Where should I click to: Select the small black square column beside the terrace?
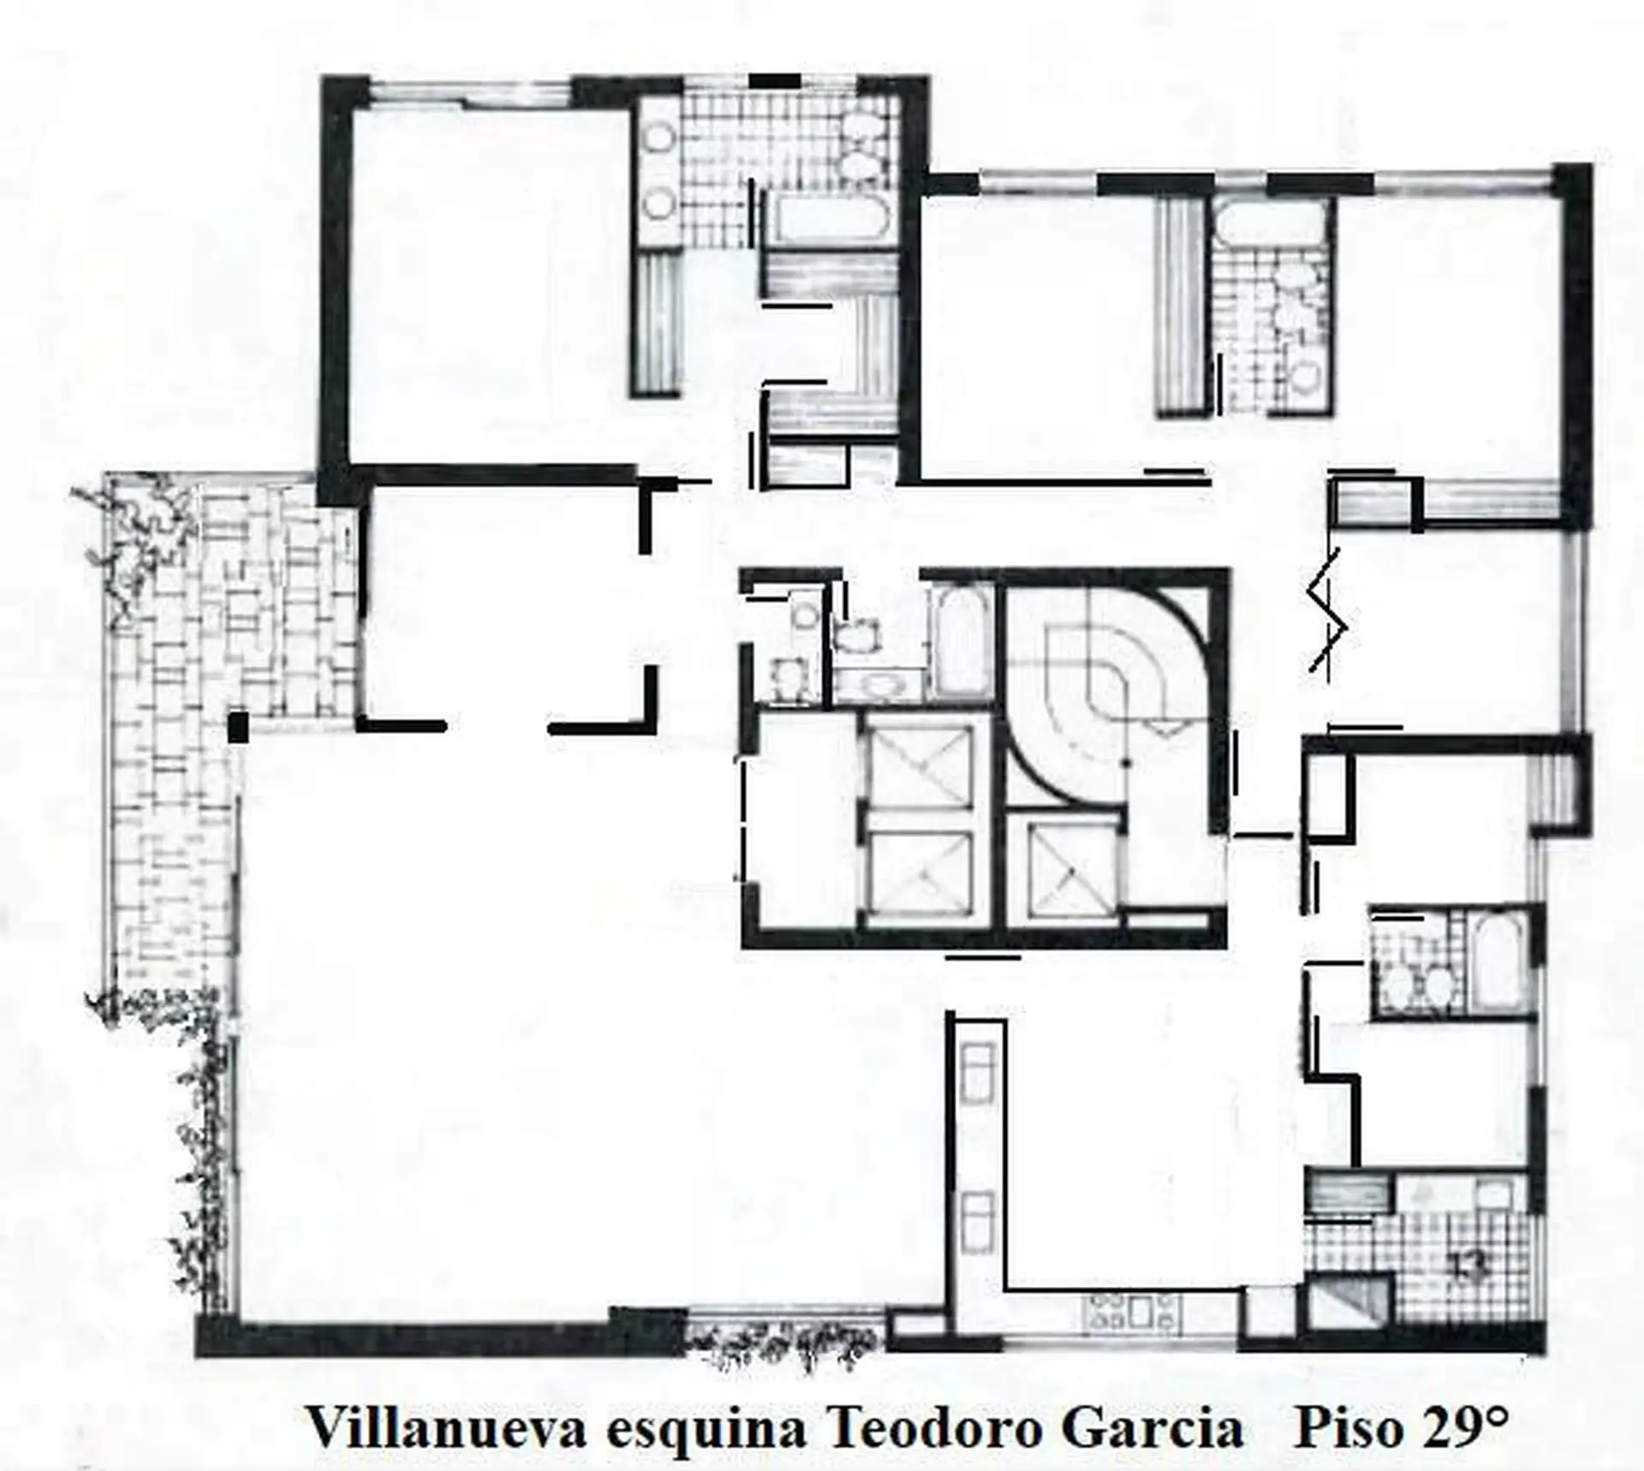[x=237, y=727]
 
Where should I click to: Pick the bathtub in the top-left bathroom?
[x=826, y=221]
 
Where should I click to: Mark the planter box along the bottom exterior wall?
[x=783, y=1354]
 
